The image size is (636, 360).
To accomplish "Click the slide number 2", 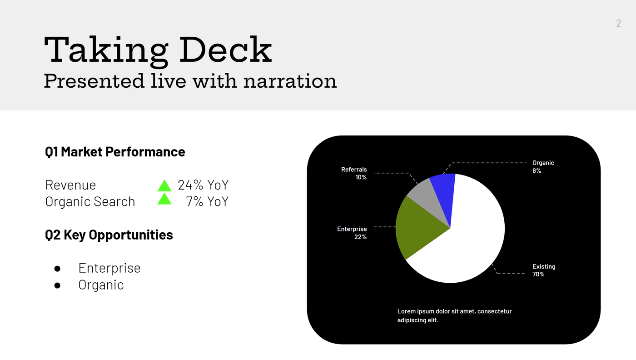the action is coord(618,23).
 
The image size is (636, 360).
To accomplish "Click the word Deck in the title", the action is coord(226,50).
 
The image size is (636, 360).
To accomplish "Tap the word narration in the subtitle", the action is coord(290,81).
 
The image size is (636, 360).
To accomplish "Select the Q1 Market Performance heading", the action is coord(115,152).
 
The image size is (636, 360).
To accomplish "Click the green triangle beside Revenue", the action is coord(164,186).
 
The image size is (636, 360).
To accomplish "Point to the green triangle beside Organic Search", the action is coord(164,199).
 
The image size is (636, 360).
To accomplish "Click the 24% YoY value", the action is coord(203,185).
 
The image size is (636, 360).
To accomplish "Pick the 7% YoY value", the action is coord(207,201).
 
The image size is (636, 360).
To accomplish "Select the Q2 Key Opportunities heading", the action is coord(109,235).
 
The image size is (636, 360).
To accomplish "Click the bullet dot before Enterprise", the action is coord(57,269).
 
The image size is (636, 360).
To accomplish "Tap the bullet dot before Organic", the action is coord(57,285).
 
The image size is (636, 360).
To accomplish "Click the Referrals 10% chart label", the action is coord(354,173).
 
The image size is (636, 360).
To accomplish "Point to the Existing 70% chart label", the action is coord(544,270).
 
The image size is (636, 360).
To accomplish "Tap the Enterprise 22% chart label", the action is coord(352,233).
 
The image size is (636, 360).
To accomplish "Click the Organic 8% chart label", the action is coord(543,166).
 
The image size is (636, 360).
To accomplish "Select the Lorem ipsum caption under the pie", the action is coord(454,315).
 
